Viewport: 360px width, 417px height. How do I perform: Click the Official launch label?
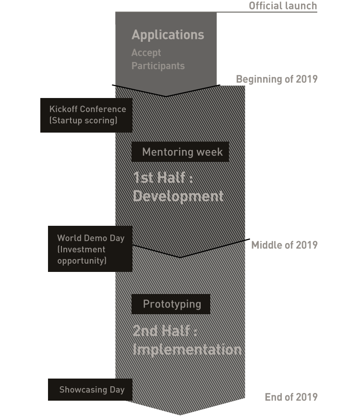pyautogui.click(x=283, y=6)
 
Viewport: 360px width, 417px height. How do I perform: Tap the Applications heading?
pyautogui.click(x=168, y=35)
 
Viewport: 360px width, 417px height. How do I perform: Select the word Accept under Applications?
pyautogui.click(x=146, y=53)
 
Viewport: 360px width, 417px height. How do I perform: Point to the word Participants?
pyautogui.click(x=158, y=66)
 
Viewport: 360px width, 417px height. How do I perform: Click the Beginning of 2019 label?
pyautogui.click(x=276, y=79)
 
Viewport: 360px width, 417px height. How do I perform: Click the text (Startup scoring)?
pyautogui.click(x=83, y=121)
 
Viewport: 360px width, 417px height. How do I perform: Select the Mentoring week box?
pyautogui.click(x=180, y=152)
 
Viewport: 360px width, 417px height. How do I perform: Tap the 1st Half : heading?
pyautogui.click(x=163, y=178)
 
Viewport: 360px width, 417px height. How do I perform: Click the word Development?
pyautogui.click(x=178, y=196)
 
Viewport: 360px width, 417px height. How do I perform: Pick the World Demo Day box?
pyautogui.click(x=90, y=249)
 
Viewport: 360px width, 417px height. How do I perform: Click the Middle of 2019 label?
pyautogui.click(x=284, y=245)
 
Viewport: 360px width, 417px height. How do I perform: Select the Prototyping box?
pyautogui.click(x=171, y=304)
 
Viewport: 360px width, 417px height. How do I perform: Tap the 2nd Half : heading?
pyautogui.click(x=165, y=331)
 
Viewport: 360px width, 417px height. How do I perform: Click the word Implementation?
pyautogui.click(x=187, y=349)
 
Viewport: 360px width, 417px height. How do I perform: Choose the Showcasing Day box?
pyautogui.click(x=90, y=390)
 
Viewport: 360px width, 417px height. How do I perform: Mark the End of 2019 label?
pyautogui.click(x=291, y=397)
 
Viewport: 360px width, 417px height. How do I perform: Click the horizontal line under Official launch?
pyautogui.click(x=216, y=12)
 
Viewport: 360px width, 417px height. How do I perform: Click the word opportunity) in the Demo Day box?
pyautogui.click(x=82, y=261)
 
